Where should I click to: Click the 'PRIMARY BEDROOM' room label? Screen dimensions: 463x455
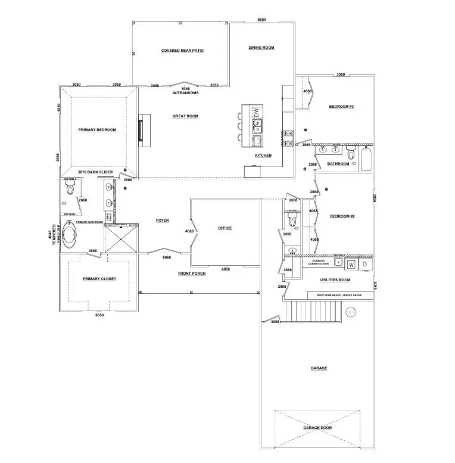[97, 129]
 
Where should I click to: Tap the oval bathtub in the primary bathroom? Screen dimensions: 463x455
[70, 235]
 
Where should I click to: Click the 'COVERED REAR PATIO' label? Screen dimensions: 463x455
[182, 51]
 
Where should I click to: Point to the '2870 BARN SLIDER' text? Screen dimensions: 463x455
[95, 172]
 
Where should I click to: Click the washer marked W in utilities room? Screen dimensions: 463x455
[351, 264]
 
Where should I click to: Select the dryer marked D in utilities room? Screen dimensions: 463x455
[365, 264]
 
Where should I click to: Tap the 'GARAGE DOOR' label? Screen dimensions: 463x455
[317, 428]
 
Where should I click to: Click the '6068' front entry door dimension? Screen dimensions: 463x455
[167, 257]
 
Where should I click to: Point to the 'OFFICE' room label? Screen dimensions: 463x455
[225, 228]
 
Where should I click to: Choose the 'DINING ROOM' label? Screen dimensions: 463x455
[261, 48]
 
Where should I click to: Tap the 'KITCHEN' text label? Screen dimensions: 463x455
[263, 156]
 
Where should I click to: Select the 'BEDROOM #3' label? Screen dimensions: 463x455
[342, 107]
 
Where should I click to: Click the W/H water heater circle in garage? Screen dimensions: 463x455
[350, 311]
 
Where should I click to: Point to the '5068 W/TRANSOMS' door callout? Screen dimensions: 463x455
[185, 91]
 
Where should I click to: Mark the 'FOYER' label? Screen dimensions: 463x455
[162, 220]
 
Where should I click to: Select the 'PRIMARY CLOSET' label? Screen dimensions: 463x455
[99, 278]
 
